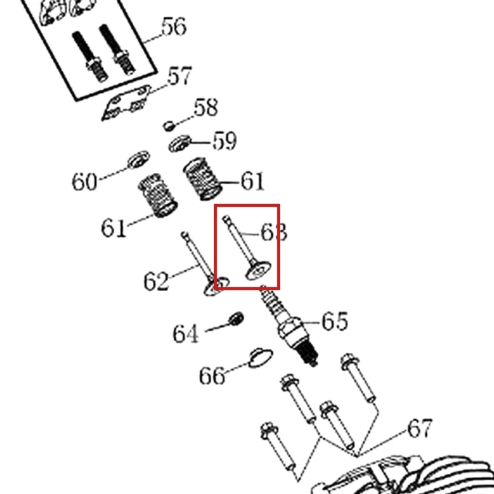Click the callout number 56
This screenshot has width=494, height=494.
point(174,26)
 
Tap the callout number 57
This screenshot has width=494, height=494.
point(180,75)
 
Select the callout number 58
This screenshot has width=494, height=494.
point(205,108)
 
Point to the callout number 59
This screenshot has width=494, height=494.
point(225,141)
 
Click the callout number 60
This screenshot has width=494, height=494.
point(85,182)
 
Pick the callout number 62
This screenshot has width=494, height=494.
point(156,281)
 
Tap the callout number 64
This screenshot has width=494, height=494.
point(186,334)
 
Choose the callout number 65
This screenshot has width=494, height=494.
point(335,321)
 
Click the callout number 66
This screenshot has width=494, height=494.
point(212,376)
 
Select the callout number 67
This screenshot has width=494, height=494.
point(419,428)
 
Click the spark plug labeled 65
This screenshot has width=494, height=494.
point(289,325)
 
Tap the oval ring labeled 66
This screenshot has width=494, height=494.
point(260,359)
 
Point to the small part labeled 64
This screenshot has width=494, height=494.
point(236,319)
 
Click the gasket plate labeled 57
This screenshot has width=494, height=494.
point(126,102)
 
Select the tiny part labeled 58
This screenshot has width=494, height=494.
point(169,125)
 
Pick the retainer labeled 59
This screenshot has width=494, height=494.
point(180,143)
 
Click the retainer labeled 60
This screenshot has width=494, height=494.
point(139,159)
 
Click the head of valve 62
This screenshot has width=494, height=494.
point(216,286)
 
